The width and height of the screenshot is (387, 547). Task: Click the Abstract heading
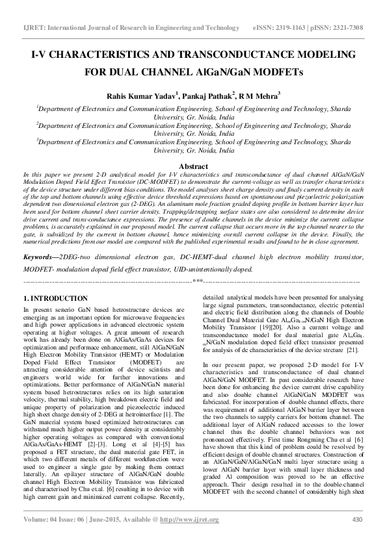click(x=193, y=166)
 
